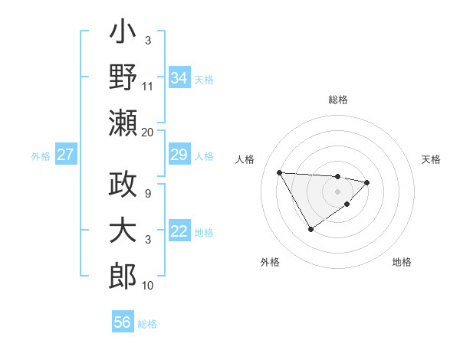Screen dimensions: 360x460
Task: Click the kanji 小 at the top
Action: tap(123, 34)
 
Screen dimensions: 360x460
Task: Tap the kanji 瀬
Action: tap(123, 123)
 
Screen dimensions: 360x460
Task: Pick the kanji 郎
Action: tap(123, 275)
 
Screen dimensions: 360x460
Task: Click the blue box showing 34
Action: tap(179, 77)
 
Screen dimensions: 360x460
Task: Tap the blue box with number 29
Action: tap(179, 155)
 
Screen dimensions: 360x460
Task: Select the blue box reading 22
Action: tap(179, 232)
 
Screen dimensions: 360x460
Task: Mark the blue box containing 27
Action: tap(65, 155)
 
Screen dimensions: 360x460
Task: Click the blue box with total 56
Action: tap(122, 322)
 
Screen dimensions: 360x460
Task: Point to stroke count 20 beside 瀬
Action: tap(147, 132)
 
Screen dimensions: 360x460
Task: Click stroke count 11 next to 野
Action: tap(147, 86)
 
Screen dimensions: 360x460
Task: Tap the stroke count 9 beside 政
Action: tap(147, 194)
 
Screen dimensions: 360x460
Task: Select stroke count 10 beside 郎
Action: tap(147, 285)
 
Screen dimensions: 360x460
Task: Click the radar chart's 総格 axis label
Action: tap(338, 100)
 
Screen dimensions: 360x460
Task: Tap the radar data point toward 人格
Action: tap(280, 172)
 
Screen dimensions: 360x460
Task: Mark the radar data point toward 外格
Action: tap(310, 229)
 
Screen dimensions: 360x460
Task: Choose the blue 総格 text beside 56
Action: tap(147, 324)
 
